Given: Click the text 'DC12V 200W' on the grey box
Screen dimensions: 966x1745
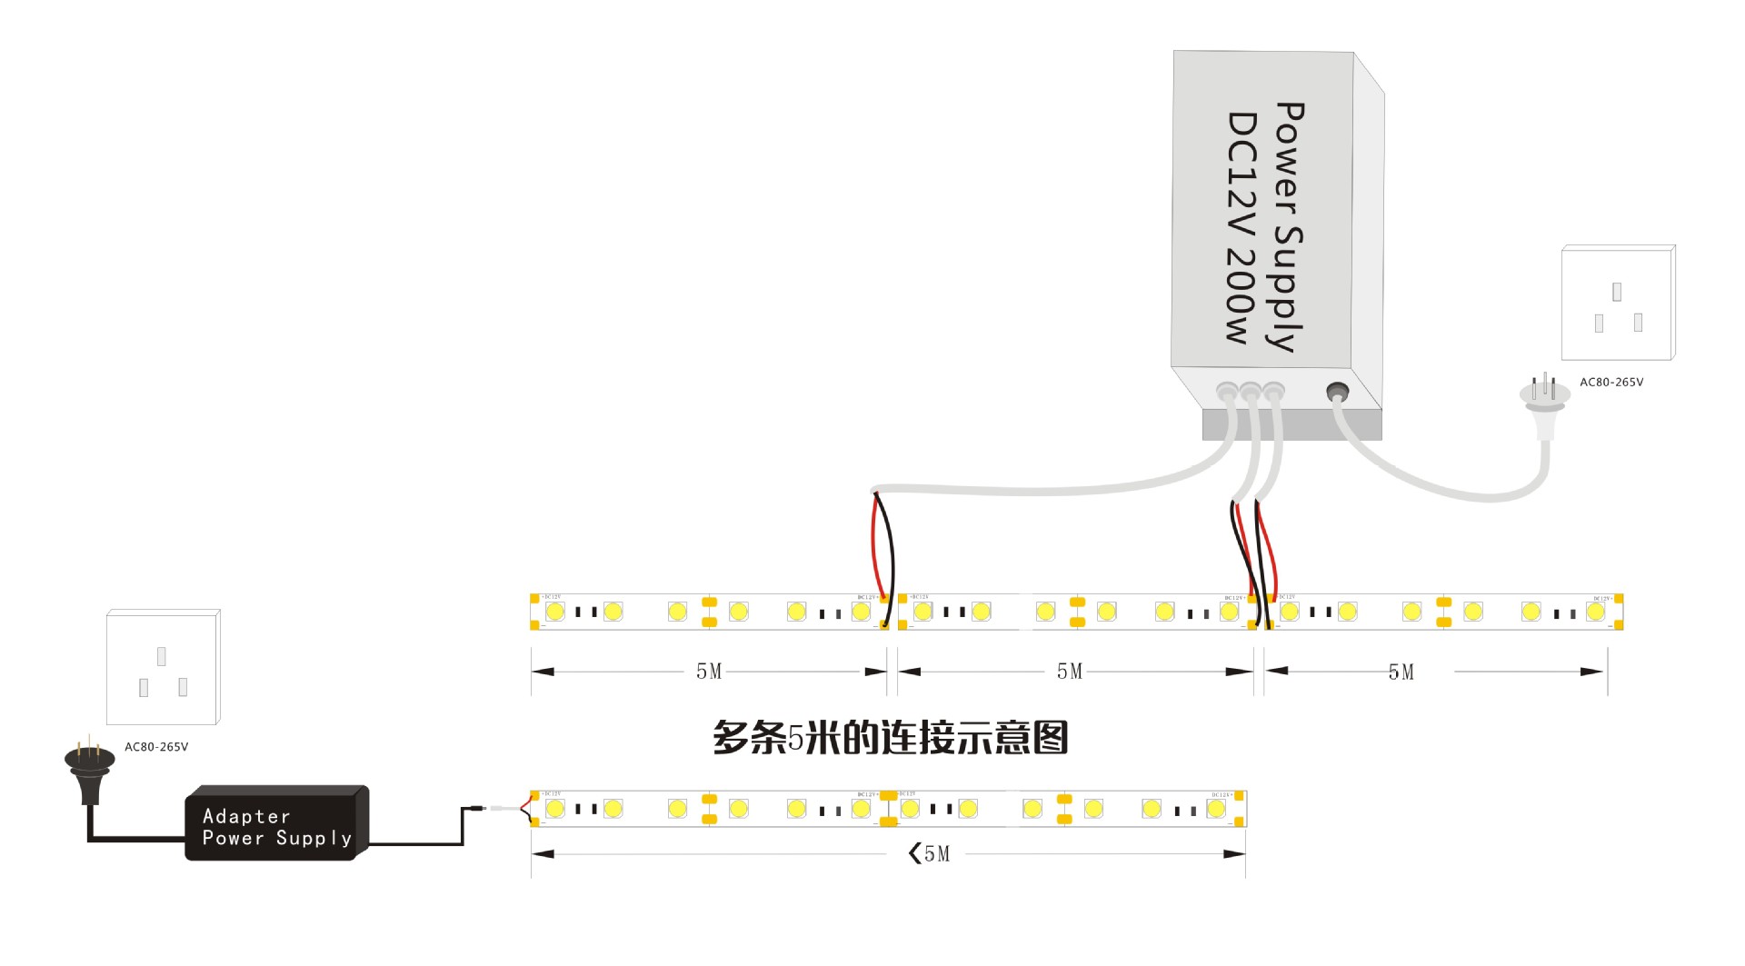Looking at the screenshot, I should click(x=1241, y=227).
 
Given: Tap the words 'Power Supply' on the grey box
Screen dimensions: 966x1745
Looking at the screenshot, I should click(x=1289, y=227).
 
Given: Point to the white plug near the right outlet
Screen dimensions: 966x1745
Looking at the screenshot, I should click(x=1544, y=400).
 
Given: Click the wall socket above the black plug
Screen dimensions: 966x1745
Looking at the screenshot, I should click(x=163, y=667).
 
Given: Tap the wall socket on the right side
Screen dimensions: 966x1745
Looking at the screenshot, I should click(x=1618, y=303).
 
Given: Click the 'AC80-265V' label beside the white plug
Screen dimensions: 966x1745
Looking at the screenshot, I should click(x=1611, y=383).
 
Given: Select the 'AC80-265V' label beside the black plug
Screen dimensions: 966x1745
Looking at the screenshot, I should click(x=156, y=747).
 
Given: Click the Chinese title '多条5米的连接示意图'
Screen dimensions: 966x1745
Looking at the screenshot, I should click(x=890, y=737).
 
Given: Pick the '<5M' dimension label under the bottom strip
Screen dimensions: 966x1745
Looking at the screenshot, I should click(x=929, y=853).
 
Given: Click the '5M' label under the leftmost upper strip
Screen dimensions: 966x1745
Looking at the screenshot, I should click(x=709, y=672).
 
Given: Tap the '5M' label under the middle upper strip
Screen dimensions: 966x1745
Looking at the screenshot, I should click(x=1070, y=672).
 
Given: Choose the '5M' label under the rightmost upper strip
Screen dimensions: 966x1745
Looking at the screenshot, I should click(x=1401, y=672).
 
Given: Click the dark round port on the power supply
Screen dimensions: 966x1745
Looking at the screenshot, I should click(x=1337, y=393).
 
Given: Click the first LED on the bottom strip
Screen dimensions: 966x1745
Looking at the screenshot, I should click(x=554, y=808).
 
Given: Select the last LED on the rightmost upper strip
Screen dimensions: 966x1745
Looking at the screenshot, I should click(x=1595, y=612).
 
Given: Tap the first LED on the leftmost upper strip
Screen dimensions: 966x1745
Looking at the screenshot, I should click(x=554, y=612).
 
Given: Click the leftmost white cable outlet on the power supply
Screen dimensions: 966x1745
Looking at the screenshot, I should click(x=1226, y=392).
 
